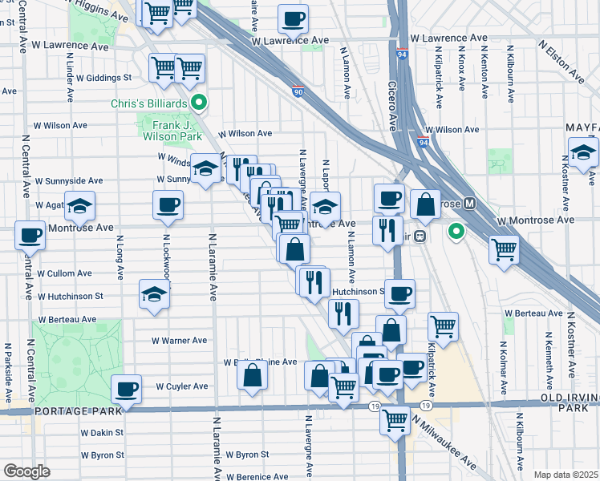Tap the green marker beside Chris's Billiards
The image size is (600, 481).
199,103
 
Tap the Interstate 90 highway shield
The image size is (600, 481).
298,92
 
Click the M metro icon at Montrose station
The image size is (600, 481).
470,204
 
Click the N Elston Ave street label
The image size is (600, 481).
566,64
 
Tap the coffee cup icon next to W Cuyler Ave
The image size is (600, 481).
126,390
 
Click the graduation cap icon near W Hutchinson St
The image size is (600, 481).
154,294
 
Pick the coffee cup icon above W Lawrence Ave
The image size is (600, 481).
293,18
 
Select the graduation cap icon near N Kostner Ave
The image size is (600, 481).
583,152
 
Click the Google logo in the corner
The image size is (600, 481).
26,471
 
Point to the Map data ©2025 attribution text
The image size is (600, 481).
566,475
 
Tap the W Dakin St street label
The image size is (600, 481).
101,432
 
